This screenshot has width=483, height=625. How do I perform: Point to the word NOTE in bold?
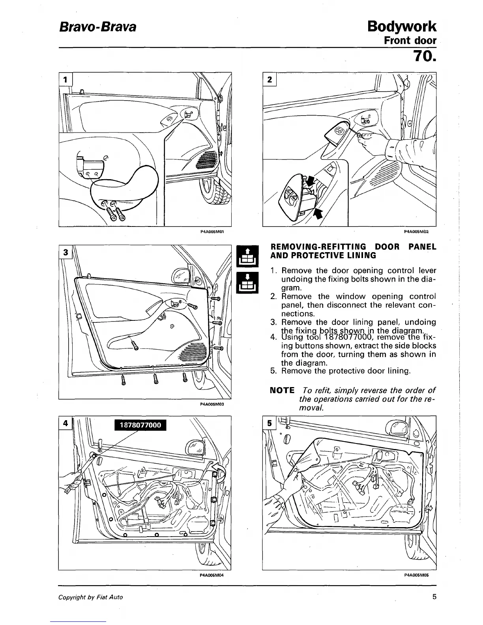(x=282, y=391)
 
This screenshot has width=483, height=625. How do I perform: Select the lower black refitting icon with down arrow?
(x=246, y=283)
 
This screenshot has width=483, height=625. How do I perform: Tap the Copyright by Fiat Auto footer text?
(x=90, y=597)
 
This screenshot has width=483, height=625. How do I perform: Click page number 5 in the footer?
(x=434, y=597)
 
